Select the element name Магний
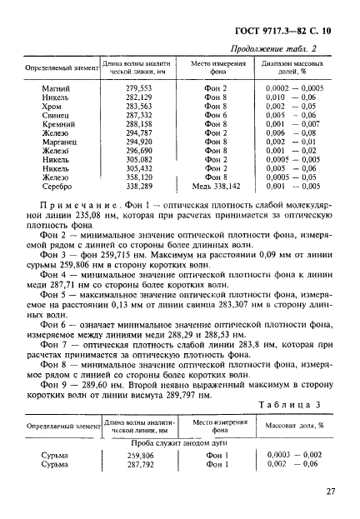(57, 87)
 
